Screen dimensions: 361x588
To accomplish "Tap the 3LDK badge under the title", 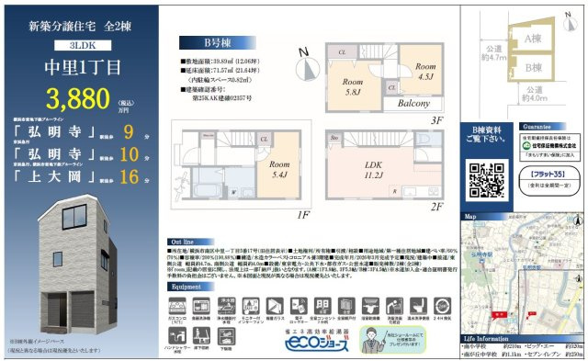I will point(84,44).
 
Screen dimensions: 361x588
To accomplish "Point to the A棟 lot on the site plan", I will point(530,39).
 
